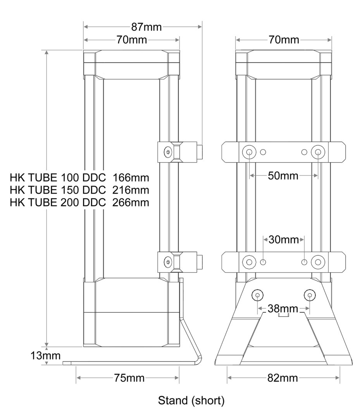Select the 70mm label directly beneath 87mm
[x=131, y=40]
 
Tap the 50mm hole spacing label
[x=283, y=176]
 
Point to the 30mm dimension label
[x=284, y=240]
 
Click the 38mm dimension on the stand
[x=283, y=309]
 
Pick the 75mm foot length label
[x=129, y=378]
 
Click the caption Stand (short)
[x=191, y=400]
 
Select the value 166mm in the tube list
[x=131, y=178]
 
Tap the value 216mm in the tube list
[x=131, y=190]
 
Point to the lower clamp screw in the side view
[x=167, y=262]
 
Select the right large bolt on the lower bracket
[x=318, y=262]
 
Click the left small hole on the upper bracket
[x=263, y=152]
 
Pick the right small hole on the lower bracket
[x=304, y=262]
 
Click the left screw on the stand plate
[x=257, y=296]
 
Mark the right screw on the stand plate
[x=310, y=296]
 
